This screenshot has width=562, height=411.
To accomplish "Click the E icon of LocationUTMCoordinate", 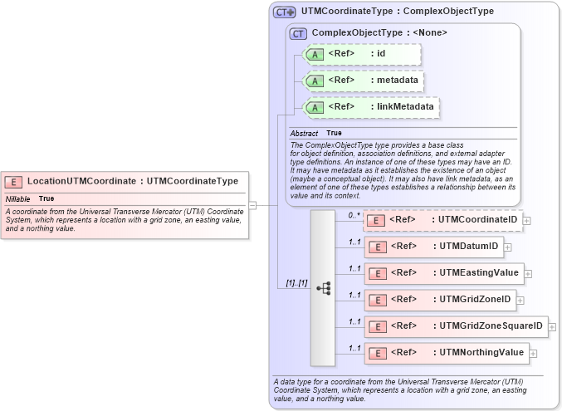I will (x=14, y=181).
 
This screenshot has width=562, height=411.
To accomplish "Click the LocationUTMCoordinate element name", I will (x=81, y=181).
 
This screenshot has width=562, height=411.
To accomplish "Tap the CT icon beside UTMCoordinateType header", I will (x=285, y=12).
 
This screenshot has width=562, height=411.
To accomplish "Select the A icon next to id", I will (x=315, y=54).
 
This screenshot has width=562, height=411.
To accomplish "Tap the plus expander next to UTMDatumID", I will (x=508, y=247).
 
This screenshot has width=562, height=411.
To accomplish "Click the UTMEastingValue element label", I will (x=478, y=272).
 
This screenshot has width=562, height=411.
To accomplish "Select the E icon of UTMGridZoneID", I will (x=377, y=300).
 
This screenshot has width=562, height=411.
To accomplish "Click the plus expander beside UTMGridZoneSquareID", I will (x=552, y=327).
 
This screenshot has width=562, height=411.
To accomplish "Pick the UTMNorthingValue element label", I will (x=481, y=353).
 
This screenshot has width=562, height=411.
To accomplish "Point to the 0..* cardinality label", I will (x=354, y=215).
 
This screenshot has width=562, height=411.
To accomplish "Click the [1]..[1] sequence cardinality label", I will (x=296, y=283).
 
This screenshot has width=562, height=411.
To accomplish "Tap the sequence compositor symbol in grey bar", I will (x=324, y=288).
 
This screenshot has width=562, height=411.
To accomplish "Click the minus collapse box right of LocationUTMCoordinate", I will (x=252, y=205).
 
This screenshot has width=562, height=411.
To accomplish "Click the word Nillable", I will (x=17, y=199).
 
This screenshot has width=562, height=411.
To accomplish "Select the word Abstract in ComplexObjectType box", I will (x=304, y=134).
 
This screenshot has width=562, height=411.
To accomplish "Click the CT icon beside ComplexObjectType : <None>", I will (x=298, y=33).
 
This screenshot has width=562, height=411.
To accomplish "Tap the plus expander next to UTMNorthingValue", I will (x=533, y=354).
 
